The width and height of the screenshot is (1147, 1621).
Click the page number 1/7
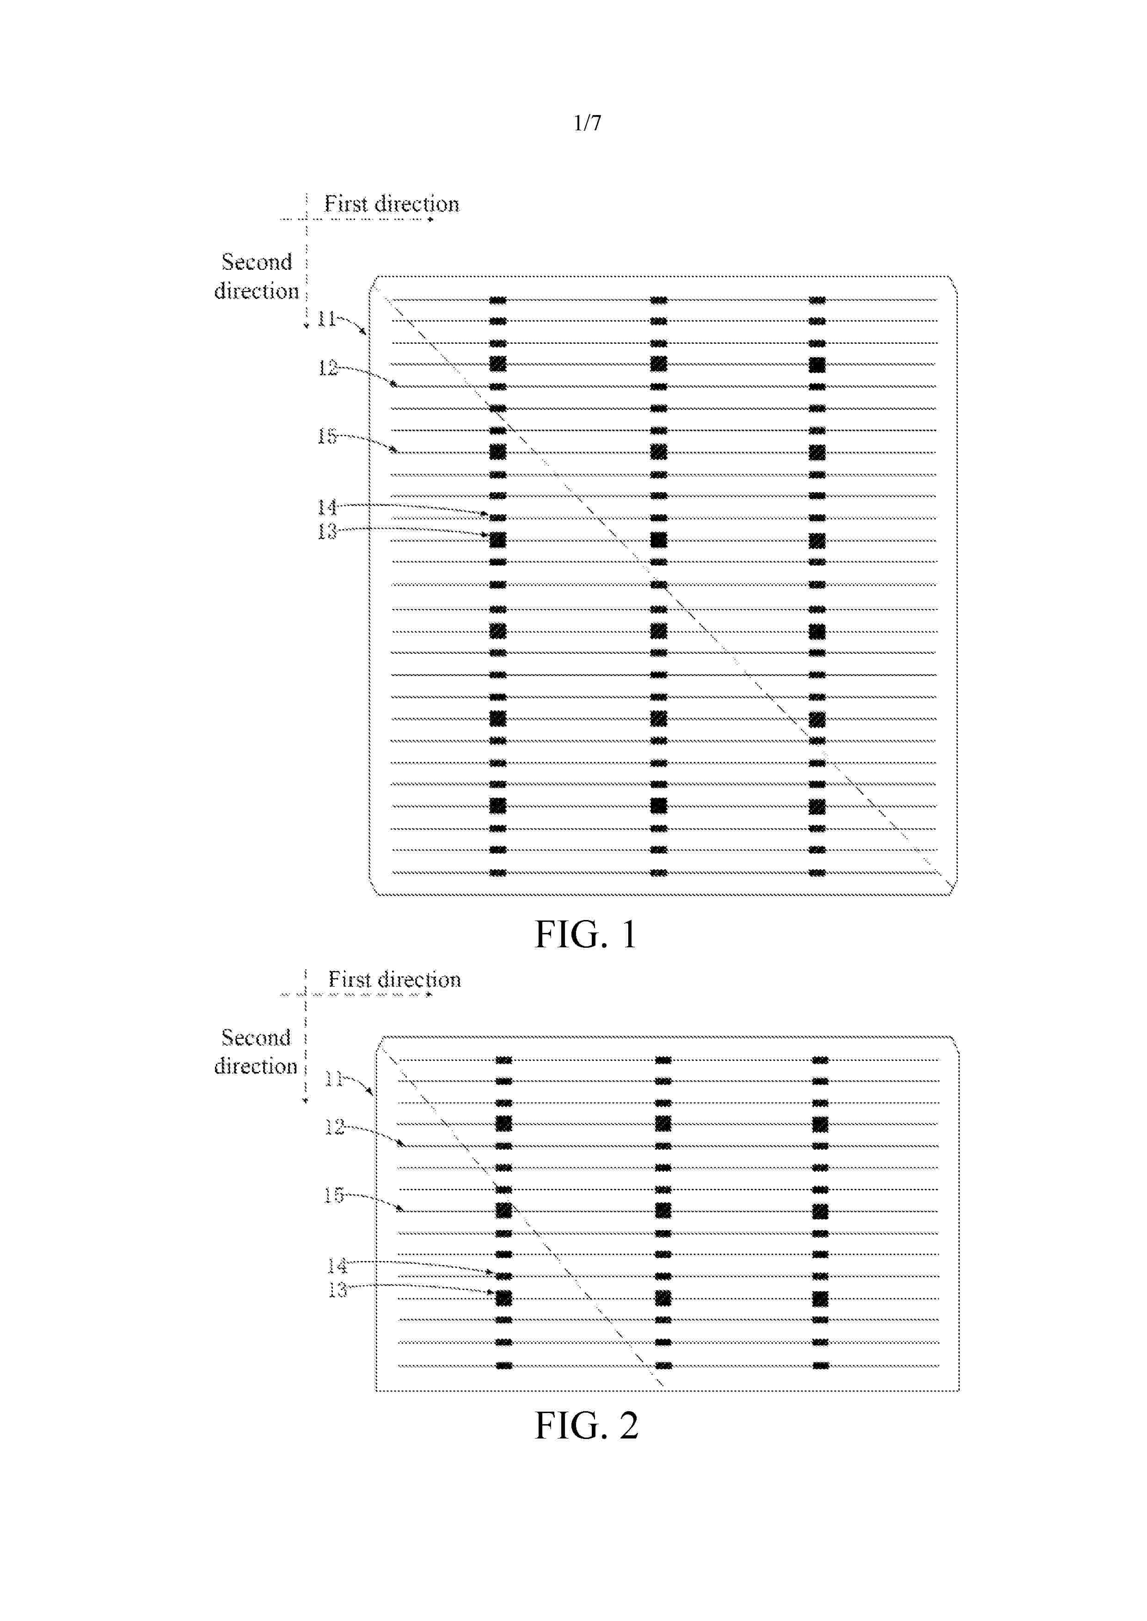(587, 123)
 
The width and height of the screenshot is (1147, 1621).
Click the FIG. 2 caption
(586, 1426)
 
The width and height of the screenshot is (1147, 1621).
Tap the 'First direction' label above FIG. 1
(391, 204)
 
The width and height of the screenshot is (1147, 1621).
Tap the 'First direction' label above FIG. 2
(394, 979)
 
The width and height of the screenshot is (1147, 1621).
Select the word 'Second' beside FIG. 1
(257, 262)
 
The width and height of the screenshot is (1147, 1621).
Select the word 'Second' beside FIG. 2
(256, 1037)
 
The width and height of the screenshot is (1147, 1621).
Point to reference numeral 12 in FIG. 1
(327, 368)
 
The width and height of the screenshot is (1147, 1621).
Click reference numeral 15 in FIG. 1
(326, 436)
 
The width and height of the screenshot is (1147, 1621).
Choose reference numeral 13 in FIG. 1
(326, 531)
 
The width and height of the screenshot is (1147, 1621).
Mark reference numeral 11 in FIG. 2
(333, 1078)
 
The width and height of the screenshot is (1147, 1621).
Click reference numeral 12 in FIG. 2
(334, 1126)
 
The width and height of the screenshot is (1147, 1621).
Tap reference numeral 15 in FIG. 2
(333, 1194)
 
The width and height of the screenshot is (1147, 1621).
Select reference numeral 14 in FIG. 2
(337, 1265)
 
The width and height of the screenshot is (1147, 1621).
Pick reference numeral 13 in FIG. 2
(337, 1290)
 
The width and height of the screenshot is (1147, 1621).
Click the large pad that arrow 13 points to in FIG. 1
(498, 540)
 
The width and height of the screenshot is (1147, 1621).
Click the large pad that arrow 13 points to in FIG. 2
(503, 1298)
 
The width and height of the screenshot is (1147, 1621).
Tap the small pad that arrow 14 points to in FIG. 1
(498, 518)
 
